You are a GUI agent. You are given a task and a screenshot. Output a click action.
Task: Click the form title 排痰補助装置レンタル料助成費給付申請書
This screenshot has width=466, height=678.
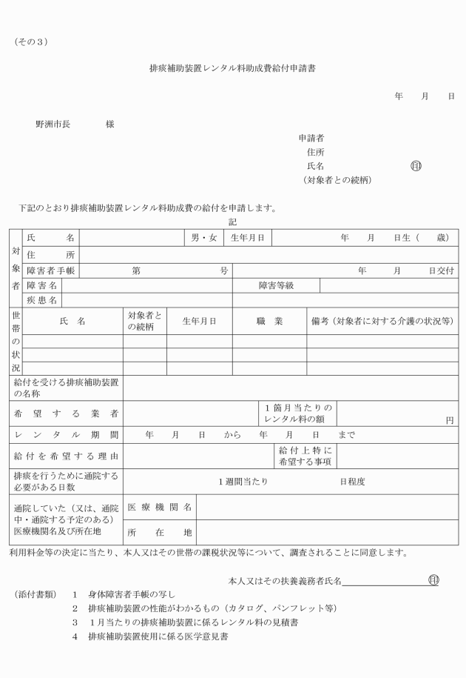point(234,67)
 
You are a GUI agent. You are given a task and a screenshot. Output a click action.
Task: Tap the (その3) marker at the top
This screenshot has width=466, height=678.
point(30,41)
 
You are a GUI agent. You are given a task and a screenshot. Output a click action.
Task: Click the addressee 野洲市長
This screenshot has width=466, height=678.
point(53,124)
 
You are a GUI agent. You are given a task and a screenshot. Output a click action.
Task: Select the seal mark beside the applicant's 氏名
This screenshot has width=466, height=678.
point(416,166)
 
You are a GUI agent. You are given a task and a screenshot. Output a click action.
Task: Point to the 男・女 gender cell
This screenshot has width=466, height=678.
point(203,238)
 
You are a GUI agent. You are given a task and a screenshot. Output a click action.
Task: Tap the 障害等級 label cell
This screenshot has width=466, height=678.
point(276,285)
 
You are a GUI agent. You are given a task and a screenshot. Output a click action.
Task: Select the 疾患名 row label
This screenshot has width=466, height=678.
point(42,300)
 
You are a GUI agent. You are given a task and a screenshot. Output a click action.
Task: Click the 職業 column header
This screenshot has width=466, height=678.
point(269,321)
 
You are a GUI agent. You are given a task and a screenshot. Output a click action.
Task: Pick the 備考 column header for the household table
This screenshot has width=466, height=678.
point(381,321)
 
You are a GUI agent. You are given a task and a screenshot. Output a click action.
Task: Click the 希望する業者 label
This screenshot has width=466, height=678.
point(67,413)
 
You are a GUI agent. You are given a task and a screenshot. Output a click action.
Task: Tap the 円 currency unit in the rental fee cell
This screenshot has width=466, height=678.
point(450,420)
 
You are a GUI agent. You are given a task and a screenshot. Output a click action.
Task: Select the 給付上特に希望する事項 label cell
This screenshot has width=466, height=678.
point(305,455)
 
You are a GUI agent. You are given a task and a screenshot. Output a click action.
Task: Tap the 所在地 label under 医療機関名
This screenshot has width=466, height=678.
point(160,532)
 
